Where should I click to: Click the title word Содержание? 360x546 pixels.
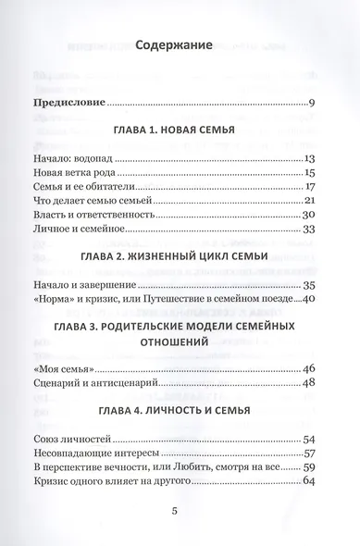click(x=174, y=43)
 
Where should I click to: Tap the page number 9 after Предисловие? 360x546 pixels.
click(x=314, y=101)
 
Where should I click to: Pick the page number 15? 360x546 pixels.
click(x=310, y=173)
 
